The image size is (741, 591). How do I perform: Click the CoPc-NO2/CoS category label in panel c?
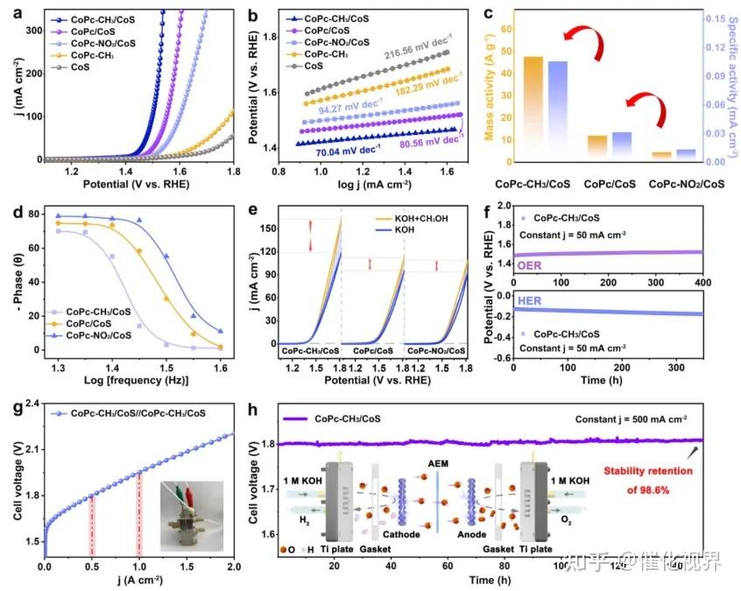coord(688,184)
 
